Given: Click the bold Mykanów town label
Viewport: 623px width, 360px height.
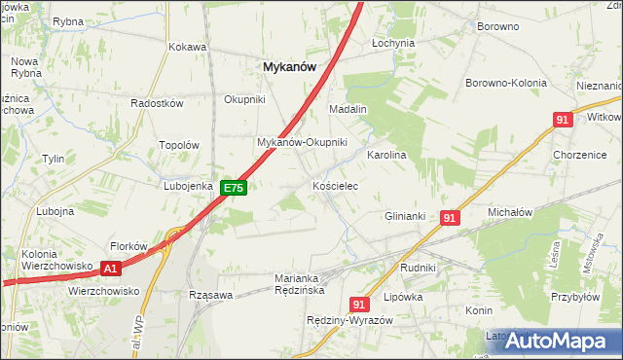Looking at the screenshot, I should tap(289, 66).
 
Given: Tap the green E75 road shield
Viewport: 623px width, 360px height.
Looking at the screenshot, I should tap(233, 188).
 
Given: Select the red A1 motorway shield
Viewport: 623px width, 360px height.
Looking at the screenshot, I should tap(111, 268).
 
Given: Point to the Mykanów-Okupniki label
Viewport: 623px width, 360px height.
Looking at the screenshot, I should tap(302, 142).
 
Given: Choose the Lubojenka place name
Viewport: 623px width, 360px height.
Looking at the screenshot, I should tap(188, 185).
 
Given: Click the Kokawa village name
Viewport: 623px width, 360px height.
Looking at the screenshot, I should tap(187, 46).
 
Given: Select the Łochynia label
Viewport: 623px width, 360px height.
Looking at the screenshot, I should tap(393, 44).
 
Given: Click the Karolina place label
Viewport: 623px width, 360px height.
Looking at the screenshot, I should tap(385, 155).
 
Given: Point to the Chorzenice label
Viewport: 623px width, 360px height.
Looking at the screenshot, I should tap(579, 155).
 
